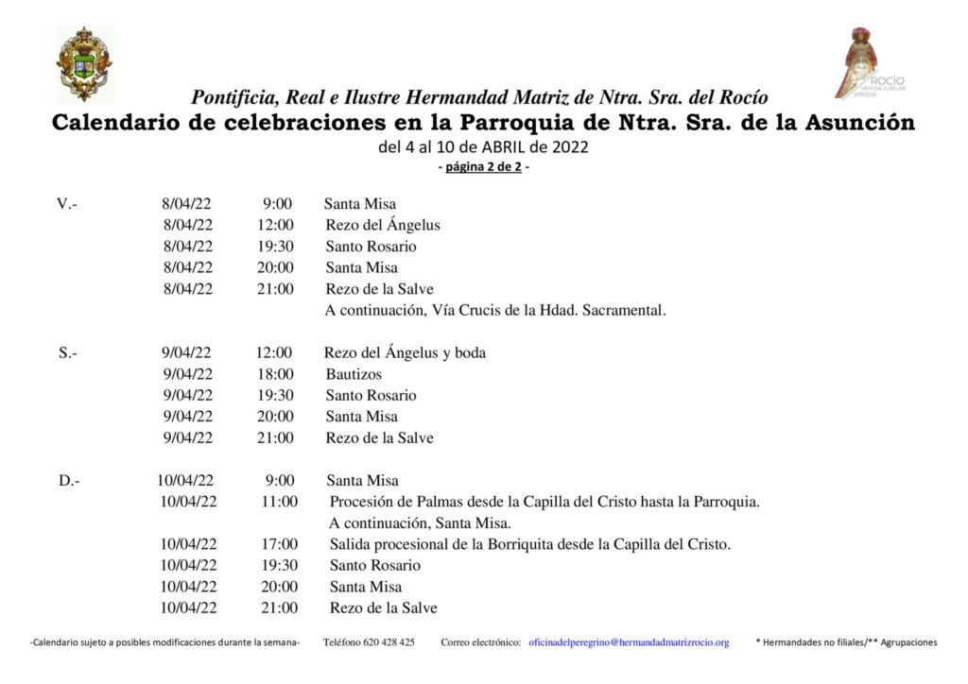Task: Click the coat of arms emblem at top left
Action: click(83, 63)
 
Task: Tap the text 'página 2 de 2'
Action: click(483, 168)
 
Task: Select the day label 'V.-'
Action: click(67, 204)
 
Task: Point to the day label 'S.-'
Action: click(68, 353)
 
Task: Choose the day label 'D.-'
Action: click(69, 481)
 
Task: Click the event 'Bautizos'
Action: click(354, 374)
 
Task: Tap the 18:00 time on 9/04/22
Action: click(275, 374)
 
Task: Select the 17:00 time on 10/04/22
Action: click(279, 544)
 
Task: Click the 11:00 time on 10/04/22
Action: click(279, 502)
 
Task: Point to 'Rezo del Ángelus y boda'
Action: click(405, 353)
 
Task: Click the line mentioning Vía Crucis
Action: click(495, 310)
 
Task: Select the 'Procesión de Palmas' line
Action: click(544, 502)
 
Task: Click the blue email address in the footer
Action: click(629, 642)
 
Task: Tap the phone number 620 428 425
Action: click(369, 642)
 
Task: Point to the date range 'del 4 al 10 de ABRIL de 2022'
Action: click(483, 147)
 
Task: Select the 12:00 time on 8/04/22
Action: click(275, 225)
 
